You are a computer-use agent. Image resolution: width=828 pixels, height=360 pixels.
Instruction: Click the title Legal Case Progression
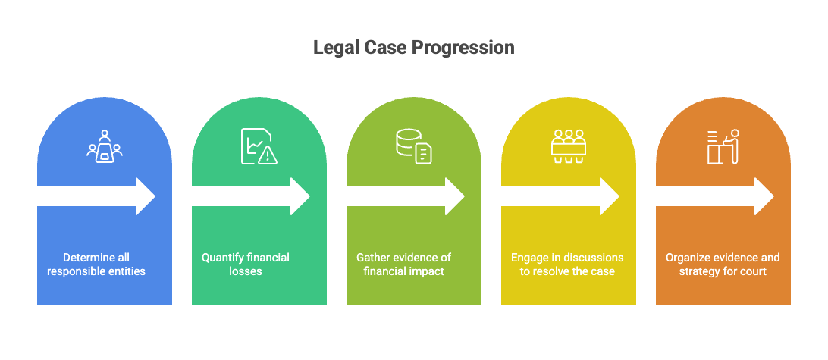pos(414,48)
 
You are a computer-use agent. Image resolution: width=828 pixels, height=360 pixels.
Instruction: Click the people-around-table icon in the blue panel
pos(105,146)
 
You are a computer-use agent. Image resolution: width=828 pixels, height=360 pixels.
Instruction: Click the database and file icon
pos(414,146)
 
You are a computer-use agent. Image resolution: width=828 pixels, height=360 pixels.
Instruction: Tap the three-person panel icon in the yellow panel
pos(569,146)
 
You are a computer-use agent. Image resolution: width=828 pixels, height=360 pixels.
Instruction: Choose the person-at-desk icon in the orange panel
pos(723,146)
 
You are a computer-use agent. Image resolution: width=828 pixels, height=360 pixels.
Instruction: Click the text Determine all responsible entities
pos(96,265)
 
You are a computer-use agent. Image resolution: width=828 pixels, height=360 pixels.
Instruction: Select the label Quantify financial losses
pos(246,265)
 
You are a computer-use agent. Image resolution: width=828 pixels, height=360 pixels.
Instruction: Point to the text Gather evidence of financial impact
pos(404,265)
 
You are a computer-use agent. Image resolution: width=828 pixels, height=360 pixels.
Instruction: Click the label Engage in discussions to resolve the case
pos(567,265)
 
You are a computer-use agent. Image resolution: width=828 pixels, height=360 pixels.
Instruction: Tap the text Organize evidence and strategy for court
pos(723,265)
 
